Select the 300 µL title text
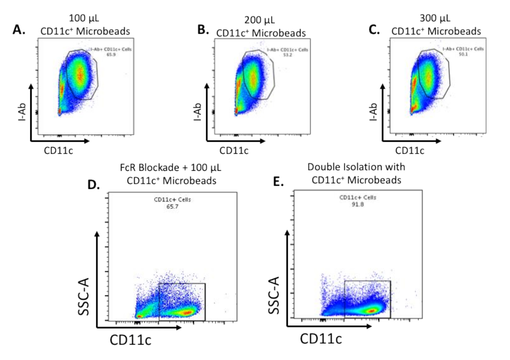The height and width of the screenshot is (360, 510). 436,19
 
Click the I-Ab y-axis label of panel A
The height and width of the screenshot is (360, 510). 20,112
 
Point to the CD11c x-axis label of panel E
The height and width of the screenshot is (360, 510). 321,339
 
